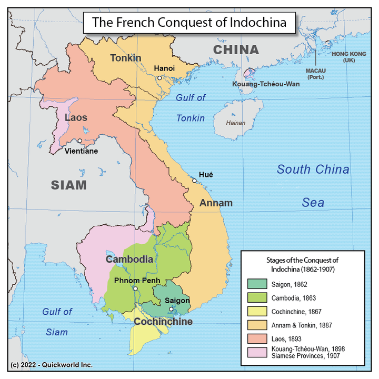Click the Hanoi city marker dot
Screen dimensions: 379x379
point(159,78)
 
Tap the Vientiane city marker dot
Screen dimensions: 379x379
point(79,141)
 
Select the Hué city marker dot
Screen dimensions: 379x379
point(194,181)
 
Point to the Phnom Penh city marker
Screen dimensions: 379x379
point(135,288)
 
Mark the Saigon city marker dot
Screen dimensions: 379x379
point(171,309)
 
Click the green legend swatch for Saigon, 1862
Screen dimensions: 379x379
point(255,284)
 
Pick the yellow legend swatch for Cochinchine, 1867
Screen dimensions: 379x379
point(255,311)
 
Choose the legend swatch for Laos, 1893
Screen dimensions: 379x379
point(255,338)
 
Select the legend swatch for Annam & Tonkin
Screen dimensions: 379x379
point(255,325)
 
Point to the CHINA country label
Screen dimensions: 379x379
point(236,50)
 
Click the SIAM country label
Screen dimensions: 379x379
point(68,185)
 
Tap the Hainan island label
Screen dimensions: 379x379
point(235,123)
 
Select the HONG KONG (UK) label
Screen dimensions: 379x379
point(349,57)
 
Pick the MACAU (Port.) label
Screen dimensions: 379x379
point(316,73)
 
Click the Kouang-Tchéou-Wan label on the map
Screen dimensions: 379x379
point(261,84)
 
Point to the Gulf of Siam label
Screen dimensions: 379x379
point(57,322)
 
